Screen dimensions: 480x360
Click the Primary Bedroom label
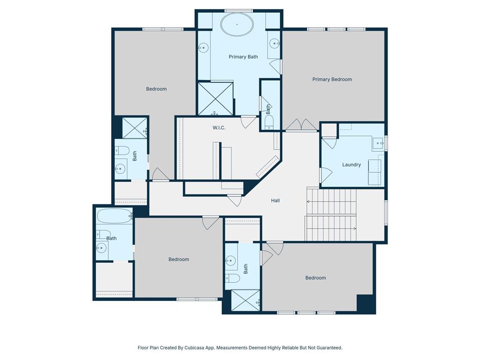point(332,79)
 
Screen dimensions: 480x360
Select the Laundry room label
point(352,165)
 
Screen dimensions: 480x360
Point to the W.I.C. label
point(219,127)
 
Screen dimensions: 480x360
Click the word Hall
point(275,201)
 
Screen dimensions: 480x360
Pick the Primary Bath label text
point(243,57)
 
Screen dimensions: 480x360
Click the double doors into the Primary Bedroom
point(301,125)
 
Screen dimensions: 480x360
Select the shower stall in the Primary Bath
point(216,99)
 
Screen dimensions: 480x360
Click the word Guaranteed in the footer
point(329,348)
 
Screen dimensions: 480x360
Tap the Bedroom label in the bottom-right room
point(315,278)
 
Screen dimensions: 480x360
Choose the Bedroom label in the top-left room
point(157,89)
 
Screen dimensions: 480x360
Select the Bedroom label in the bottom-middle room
point(179,259)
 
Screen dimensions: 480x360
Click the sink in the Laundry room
point(379,143)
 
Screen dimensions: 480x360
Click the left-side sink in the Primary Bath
point(203,48)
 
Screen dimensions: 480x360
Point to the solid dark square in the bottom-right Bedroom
point(366,304)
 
